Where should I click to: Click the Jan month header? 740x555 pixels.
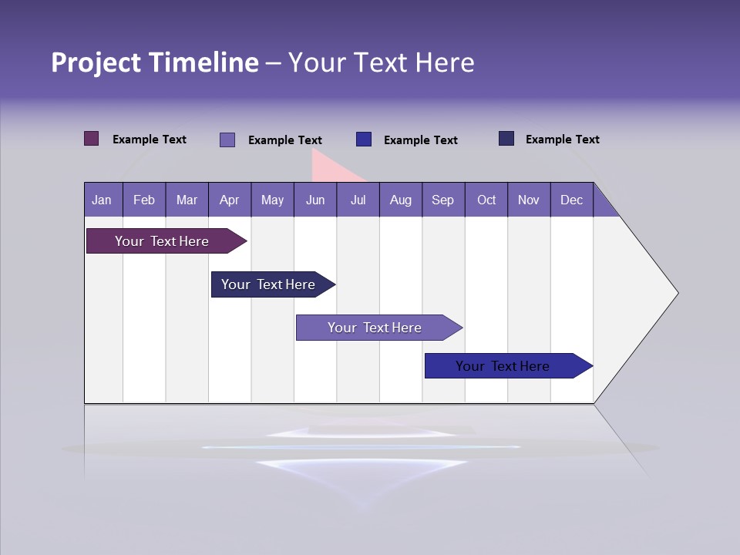click(103, 200)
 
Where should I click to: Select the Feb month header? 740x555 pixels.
click(144, 200)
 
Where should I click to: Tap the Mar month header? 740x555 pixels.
click(187, 200)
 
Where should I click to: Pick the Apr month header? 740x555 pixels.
click(230, 200)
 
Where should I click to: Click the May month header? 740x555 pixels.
click(272, 200)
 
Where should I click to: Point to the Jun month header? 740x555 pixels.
click(315, 200)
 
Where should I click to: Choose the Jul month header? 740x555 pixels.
click(358, 200)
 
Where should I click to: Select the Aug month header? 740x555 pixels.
click(401, 200)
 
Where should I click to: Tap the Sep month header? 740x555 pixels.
click(443, 200)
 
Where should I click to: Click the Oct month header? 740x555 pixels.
click(486, 200)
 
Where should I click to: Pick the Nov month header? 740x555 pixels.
click(529, 200)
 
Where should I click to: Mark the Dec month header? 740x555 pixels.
click(572, 200)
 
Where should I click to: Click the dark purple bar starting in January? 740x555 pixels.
click(162, 241)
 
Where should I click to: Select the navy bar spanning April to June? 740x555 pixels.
click(268, 284)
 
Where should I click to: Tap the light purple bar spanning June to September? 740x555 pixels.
click(375, 328)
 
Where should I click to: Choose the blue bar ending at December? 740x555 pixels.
click(503, 366)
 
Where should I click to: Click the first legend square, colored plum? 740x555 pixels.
click(92, 139)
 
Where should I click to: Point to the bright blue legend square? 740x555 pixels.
click(364, 139)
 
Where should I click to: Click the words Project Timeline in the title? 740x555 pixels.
click(155, 62)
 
